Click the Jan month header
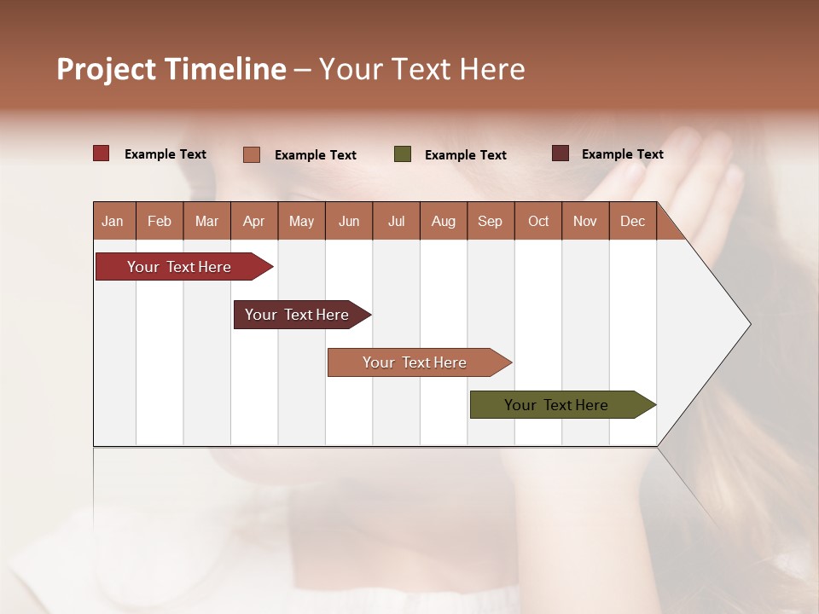113,221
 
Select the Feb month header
160,221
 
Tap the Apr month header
253,221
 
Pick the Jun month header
349,221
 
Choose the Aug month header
443,221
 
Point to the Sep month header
490,221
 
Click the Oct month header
538,221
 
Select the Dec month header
632,221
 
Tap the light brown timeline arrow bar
415,362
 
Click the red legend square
102,153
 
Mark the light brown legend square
252,154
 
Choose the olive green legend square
403,154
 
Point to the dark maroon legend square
561,153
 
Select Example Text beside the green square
465,155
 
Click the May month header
301,221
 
